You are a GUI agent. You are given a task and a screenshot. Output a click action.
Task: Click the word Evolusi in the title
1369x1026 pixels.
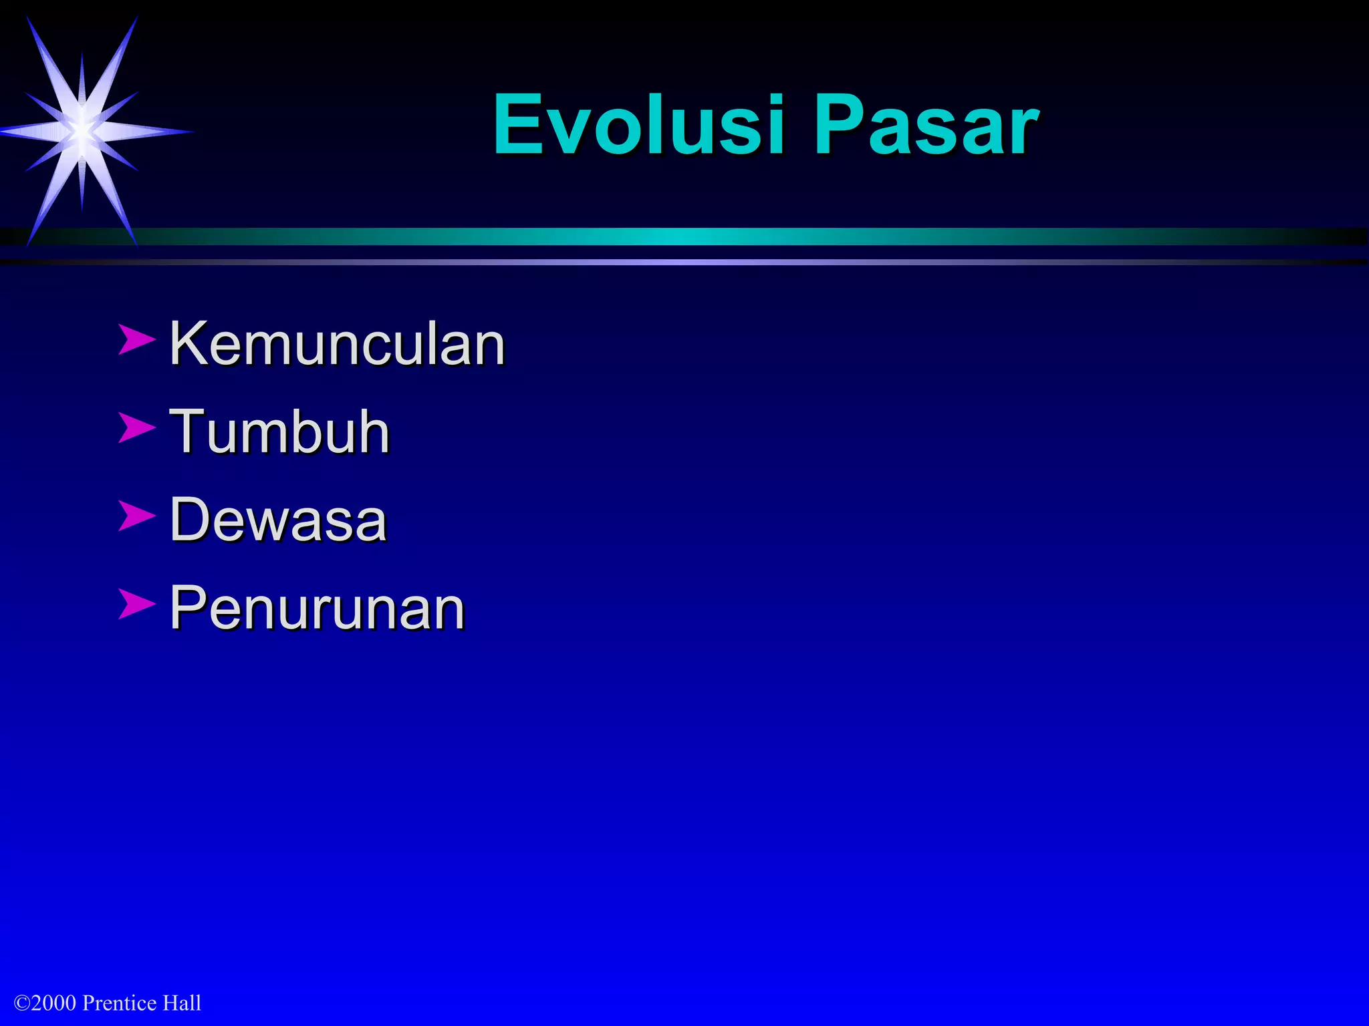(638, 125)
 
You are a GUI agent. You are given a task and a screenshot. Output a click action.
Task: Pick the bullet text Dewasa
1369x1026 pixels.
(278, 520)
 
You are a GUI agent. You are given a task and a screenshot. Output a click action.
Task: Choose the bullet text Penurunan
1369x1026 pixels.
(317, 608)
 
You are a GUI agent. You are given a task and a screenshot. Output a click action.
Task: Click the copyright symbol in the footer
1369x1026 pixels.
(21, 1003)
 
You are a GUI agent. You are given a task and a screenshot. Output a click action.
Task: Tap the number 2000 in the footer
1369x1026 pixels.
(53, 1003)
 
